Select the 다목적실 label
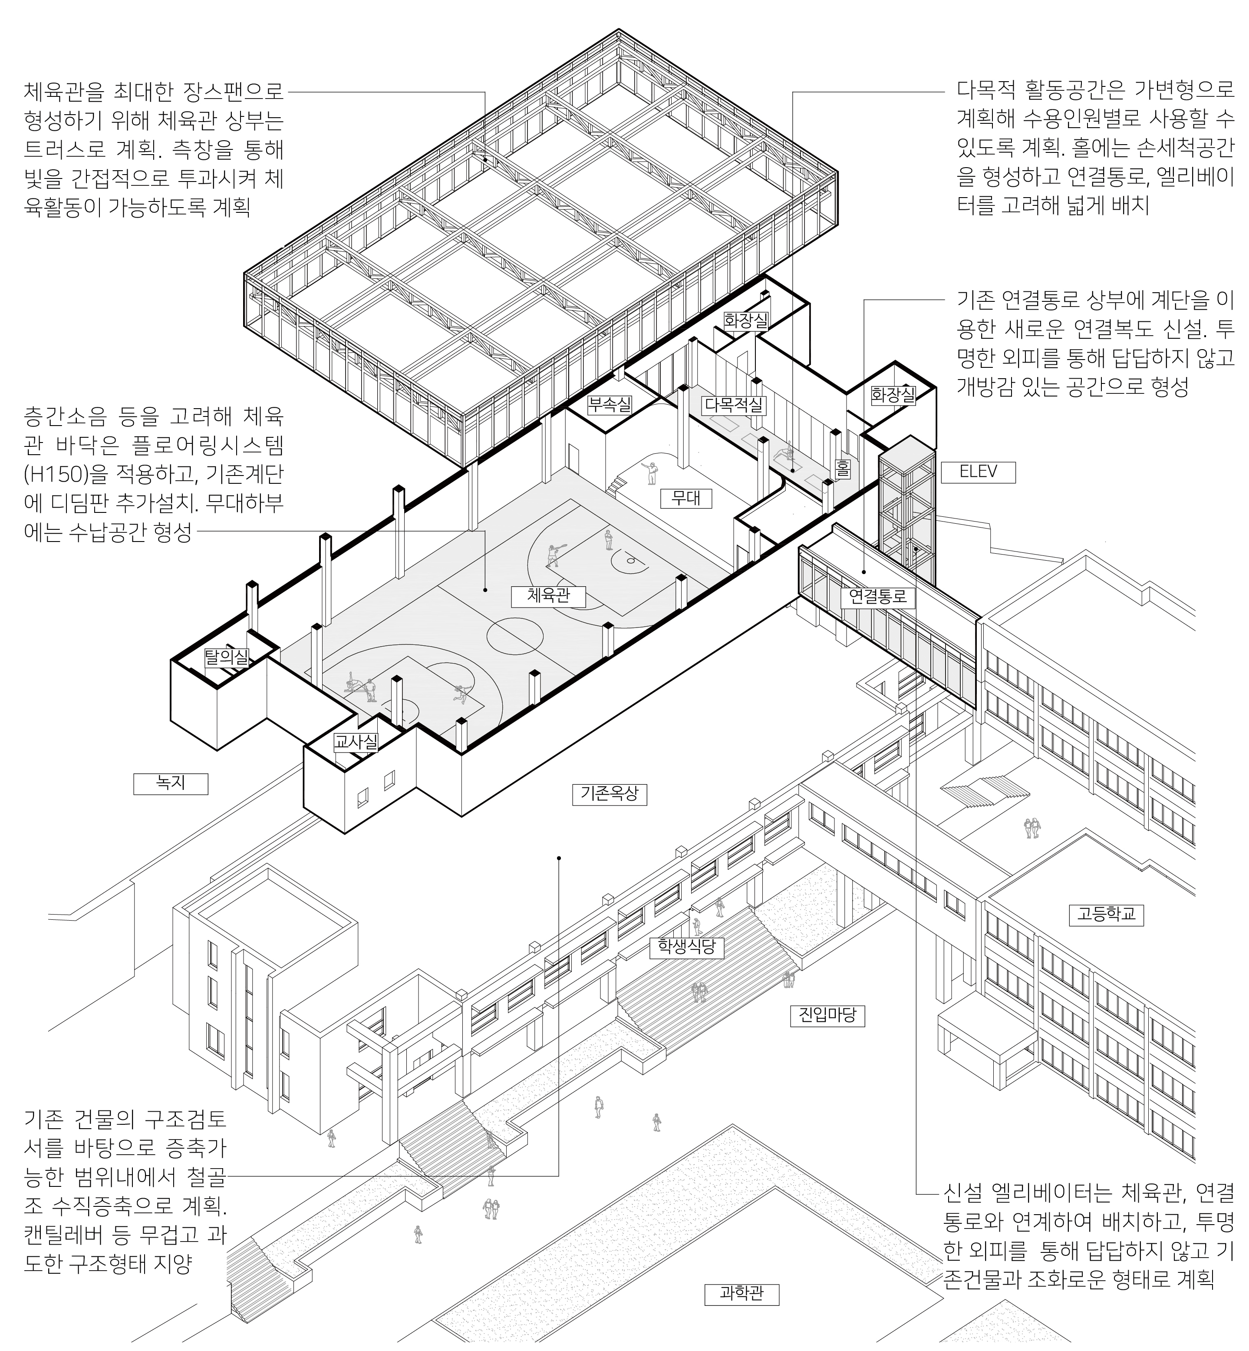coord(733,405)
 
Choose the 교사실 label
coord(356,742)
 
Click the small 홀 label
coord(842,469)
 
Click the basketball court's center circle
coord(514,635)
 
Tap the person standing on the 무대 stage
coord(652,472)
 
